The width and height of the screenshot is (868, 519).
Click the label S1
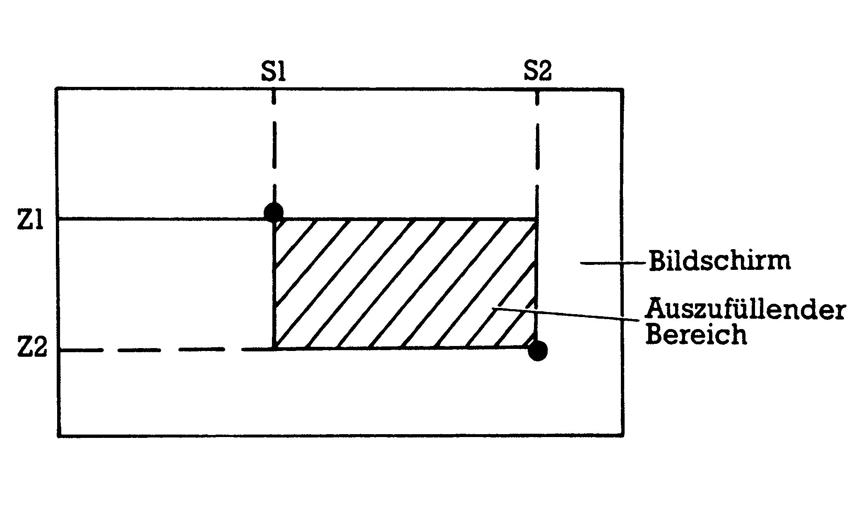click(274, 72)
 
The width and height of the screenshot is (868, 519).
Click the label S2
click(537, 71)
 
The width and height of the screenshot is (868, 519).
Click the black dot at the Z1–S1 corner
click(274, 213)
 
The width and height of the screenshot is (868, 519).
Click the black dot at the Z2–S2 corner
click(538, 351)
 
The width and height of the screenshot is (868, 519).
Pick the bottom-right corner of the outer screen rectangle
click(623, 435)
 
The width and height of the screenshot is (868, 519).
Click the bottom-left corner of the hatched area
click(274, 349)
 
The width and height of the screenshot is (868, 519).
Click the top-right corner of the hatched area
click(537, 219)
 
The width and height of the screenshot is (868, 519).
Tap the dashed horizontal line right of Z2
click(166, 350)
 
